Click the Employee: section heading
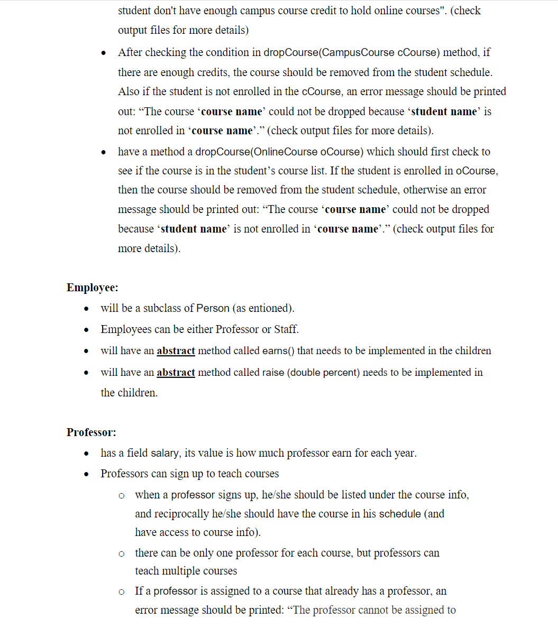92,288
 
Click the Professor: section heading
91,432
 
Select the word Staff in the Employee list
286,329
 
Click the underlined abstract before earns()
176,351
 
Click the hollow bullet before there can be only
122,553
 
